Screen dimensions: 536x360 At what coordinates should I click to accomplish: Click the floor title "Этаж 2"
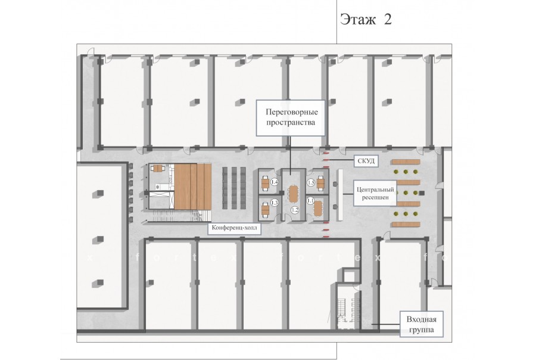366,20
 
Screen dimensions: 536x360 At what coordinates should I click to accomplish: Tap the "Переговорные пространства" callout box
291,118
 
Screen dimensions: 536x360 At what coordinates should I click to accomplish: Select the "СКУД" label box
366,161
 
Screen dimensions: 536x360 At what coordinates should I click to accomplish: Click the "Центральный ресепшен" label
375,193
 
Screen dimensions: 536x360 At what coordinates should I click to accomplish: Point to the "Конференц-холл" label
235,228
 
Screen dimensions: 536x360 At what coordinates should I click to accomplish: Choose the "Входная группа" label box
421,324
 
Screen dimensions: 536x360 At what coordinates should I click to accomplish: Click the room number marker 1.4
275,182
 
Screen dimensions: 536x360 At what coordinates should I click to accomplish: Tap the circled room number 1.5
311,183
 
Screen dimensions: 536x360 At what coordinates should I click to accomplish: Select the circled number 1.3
275,203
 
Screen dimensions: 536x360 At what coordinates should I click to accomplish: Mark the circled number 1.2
295,210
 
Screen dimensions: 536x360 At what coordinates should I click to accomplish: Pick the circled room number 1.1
310,200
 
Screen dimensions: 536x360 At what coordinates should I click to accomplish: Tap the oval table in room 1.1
318,209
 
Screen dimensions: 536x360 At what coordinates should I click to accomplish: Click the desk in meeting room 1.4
266,184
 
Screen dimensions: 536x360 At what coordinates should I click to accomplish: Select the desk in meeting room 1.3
266,209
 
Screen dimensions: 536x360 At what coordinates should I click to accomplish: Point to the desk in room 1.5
320,184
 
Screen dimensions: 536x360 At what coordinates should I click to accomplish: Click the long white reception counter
340,195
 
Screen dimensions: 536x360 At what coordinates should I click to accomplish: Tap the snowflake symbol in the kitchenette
158,187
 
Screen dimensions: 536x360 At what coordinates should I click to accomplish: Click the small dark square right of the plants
422,193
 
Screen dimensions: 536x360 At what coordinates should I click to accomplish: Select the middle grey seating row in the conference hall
234,188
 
